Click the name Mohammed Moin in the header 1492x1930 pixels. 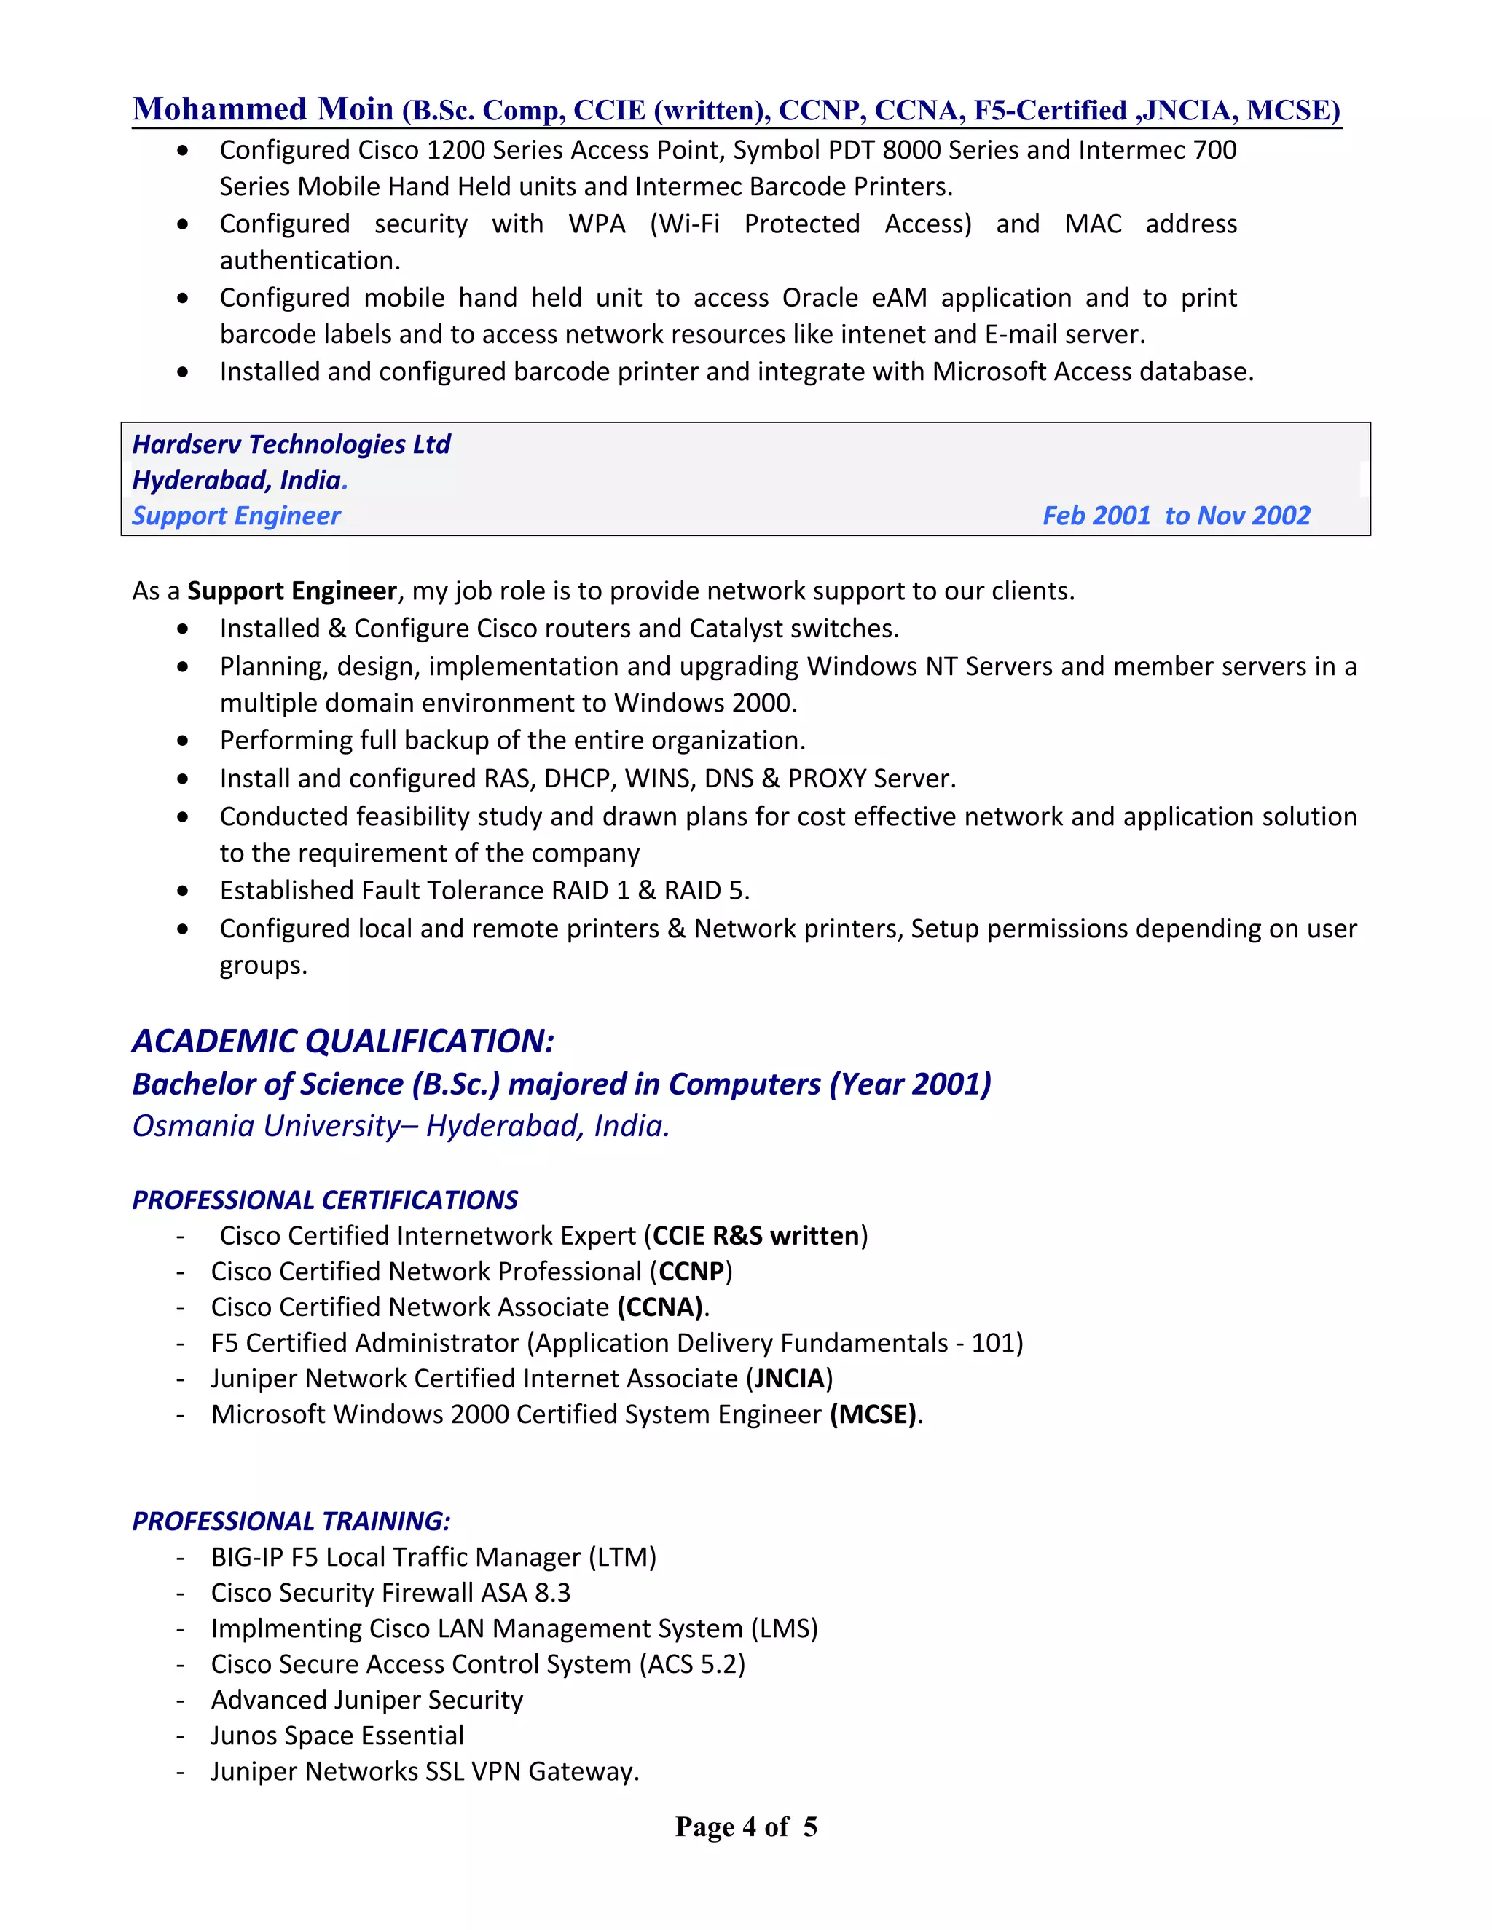click(262, 109)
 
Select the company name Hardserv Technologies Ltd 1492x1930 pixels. click(291, 444)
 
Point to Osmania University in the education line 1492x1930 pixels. click(266, 1126)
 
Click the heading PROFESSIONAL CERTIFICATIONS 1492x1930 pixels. click(324, 1200)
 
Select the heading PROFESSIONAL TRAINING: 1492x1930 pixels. click(291, 1521)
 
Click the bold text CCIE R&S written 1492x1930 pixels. click(755, 1235)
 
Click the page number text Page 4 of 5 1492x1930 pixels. click(746, 1827)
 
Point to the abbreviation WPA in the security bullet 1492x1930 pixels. click(597, 224)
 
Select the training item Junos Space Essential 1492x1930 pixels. click(337, 1736)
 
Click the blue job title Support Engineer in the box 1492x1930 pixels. click(236, 516)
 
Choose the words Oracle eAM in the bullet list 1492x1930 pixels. click(855, 298)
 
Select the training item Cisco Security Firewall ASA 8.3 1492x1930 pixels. click(390, 1592)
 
